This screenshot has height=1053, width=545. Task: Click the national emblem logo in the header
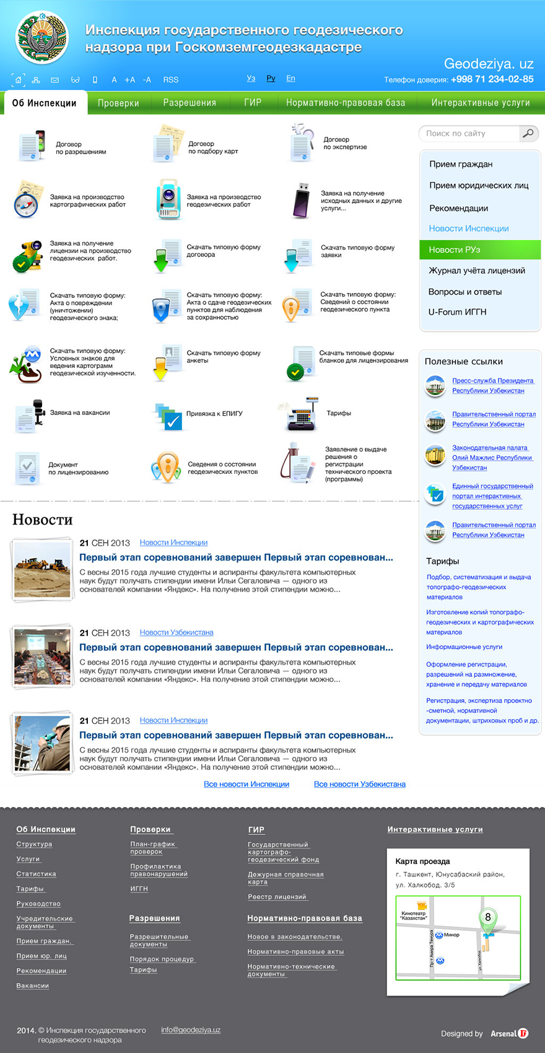coord(41,38)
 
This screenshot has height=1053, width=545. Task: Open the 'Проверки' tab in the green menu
coord(118,103)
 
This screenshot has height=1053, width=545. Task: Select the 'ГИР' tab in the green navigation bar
coord(253,102)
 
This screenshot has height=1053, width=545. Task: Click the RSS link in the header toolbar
coord(171,80)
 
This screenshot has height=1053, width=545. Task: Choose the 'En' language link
coord(290,79)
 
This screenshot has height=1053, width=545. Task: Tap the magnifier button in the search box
coord(528,133)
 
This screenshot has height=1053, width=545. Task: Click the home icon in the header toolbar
coord(19,80)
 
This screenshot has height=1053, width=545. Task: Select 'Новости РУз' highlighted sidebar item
coord(455,250)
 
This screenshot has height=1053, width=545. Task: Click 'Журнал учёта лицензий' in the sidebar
coord(477,271)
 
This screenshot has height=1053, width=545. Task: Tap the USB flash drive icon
coord(302,201)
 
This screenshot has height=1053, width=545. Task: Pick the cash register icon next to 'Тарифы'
coord(302,414)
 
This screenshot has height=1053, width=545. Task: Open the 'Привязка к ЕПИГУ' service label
coord(214,414)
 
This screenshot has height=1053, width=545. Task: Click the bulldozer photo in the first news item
coord(42,569)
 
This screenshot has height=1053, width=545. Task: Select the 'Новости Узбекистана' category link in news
coord(177,632)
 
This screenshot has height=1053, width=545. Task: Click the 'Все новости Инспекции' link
coord(246,784)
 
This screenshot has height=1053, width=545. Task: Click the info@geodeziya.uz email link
coord(191,1030)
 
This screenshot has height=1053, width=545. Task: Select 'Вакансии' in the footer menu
coord(33,985)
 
